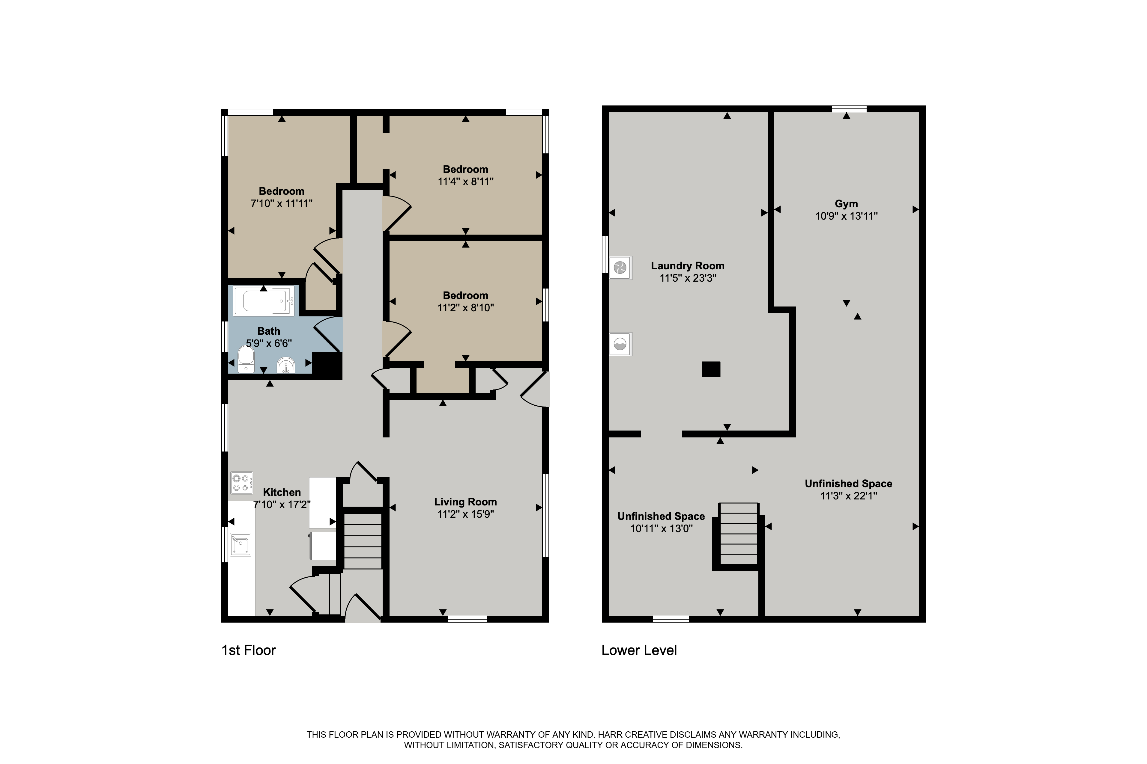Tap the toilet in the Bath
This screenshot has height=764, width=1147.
coord(246,360)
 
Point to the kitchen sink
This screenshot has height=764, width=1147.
coord(241,544)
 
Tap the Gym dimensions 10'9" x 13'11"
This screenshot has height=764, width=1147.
coord(846,216)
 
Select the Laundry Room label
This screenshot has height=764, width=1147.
coord(688,265)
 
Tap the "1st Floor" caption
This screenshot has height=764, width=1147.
coord(249,650)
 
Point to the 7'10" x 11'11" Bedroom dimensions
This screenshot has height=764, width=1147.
coord(281,203)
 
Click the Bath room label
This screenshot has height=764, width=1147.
coord(269,331)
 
